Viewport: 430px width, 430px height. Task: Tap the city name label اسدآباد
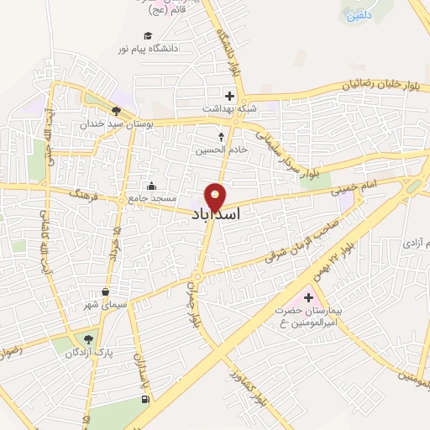point(217,215)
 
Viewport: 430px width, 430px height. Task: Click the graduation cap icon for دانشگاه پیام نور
point(148,36)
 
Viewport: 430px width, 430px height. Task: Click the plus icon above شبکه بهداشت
point(229,96)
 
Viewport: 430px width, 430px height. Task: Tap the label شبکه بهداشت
point(223,109)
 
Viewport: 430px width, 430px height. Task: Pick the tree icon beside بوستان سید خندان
point(115,110)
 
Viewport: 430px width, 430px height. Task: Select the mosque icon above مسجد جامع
point(151,186)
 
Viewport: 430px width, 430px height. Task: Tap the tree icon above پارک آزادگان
point(86,339)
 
